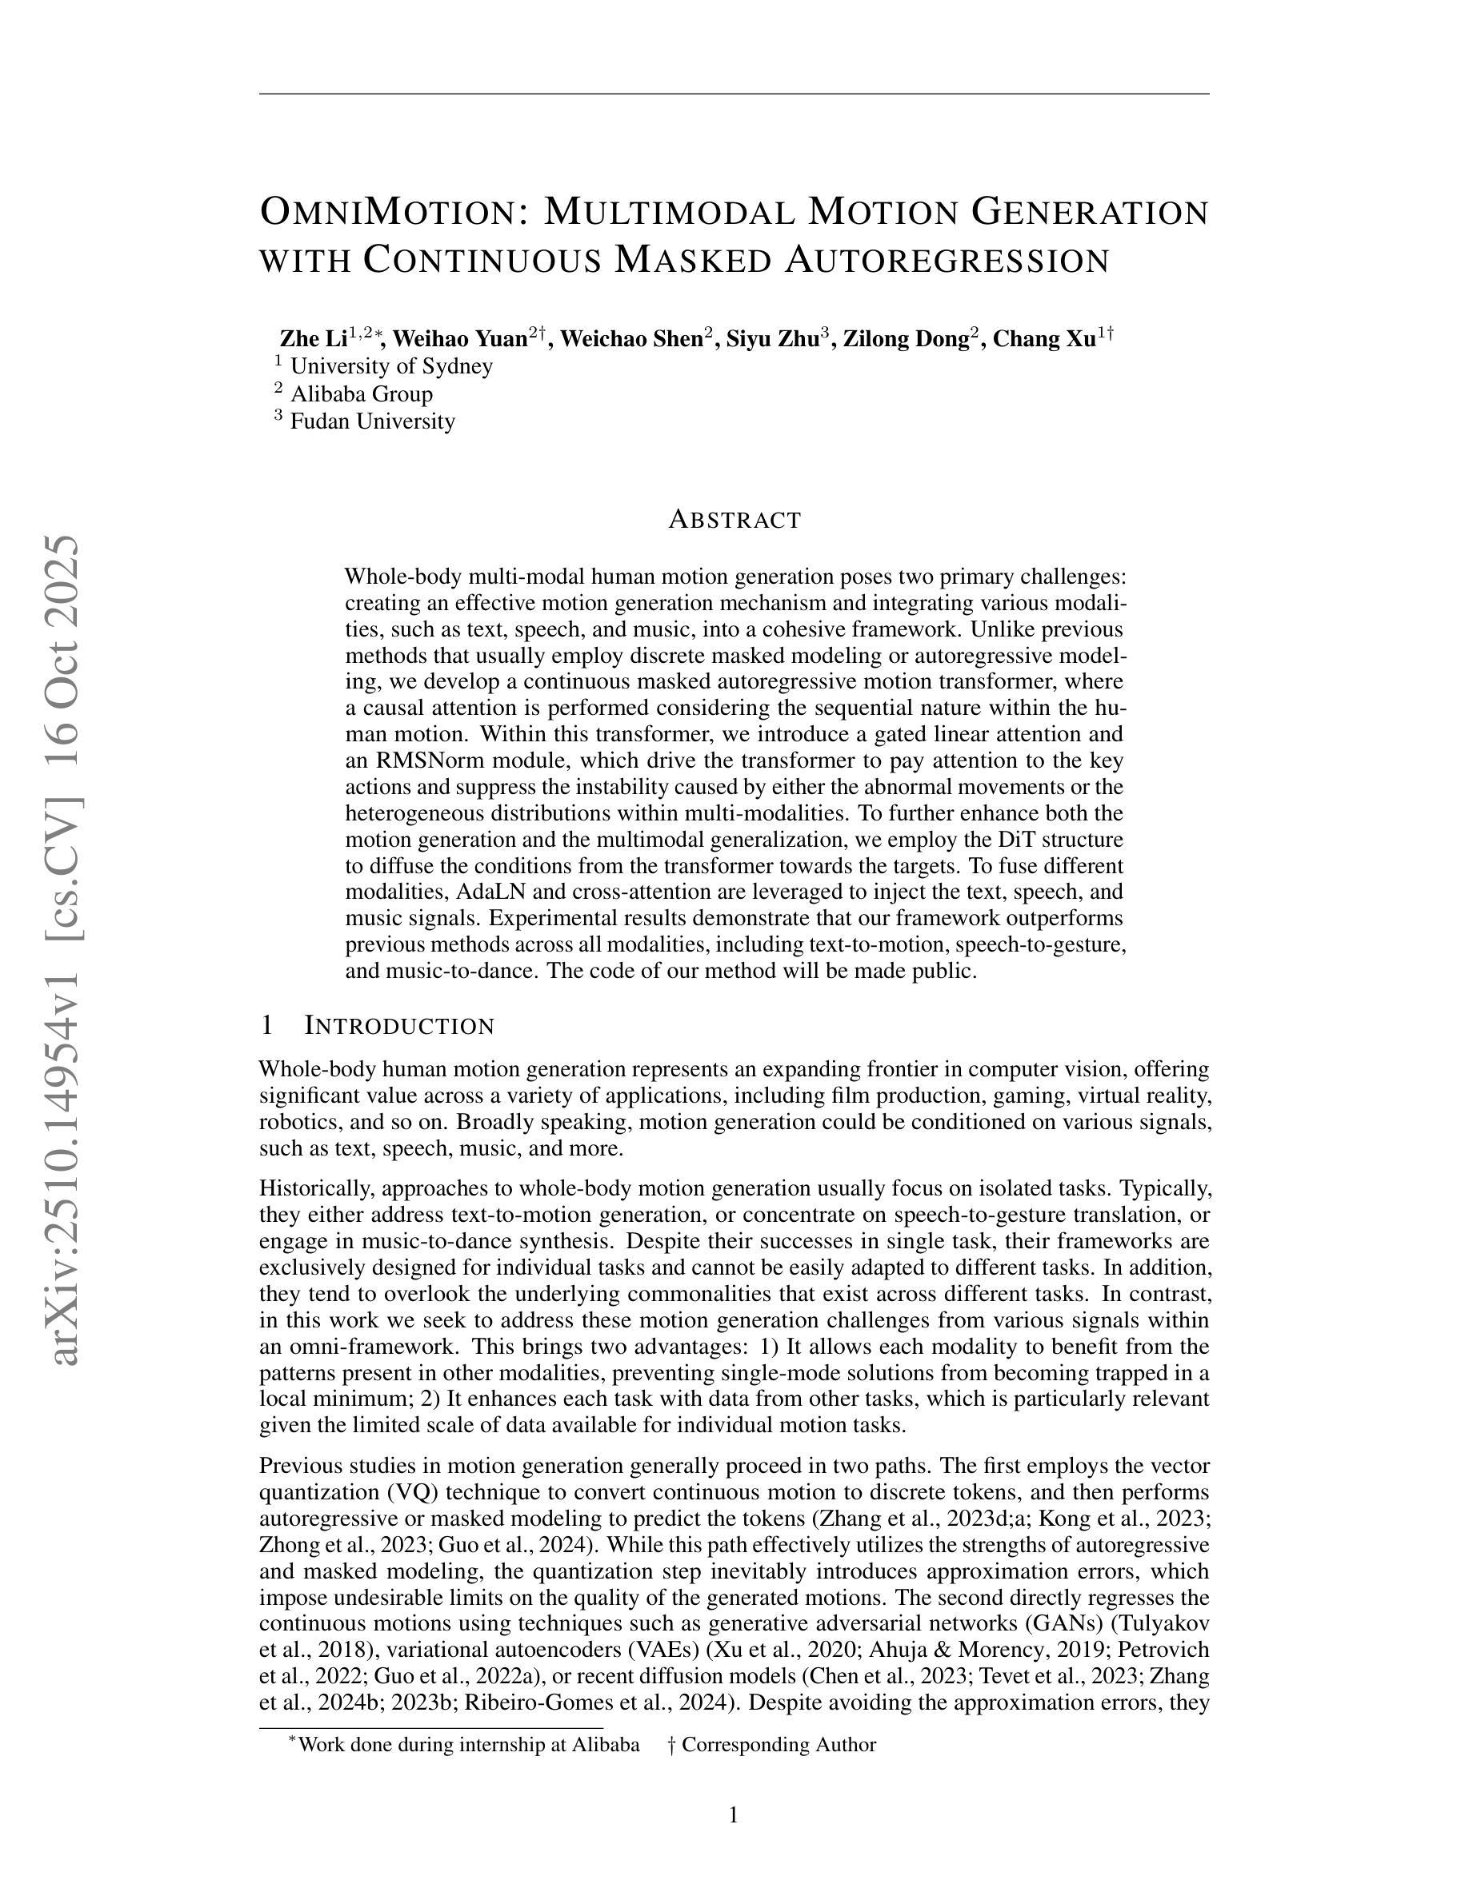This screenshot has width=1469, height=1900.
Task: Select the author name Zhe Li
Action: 314,339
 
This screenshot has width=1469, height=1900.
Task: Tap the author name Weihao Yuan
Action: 460,339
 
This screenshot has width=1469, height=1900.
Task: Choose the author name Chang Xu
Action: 1043,339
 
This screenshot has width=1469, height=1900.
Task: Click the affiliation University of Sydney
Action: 390,366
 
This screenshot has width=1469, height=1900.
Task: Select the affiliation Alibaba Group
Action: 361,394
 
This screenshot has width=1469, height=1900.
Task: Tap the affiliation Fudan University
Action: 373,422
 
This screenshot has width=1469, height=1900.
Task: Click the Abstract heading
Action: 734,521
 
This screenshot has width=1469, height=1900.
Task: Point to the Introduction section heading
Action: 398,1027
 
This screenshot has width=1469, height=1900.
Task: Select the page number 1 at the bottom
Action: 734,1814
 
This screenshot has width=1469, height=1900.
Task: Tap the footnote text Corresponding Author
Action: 778,1744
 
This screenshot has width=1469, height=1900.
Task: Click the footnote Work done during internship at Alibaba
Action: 468,1744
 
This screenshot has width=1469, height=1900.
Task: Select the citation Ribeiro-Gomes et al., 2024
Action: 595,1702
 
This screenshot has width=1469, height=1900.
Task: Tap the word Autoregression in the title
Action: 947,261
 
